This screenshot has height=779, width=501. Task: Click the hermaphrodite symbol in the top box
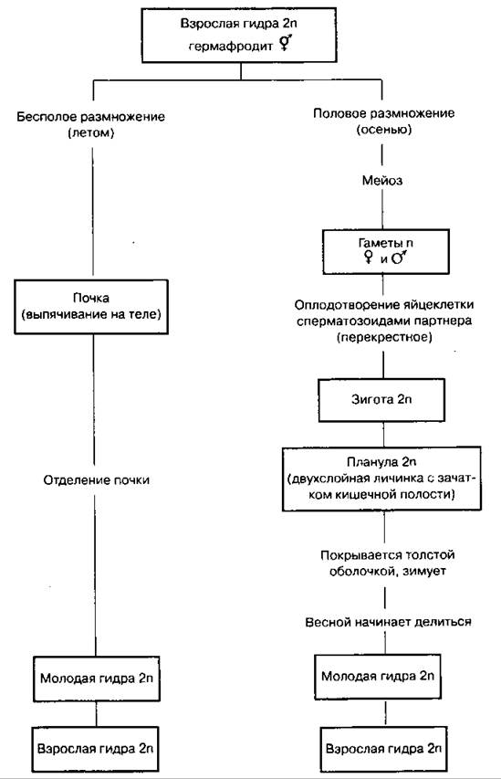click(x=285, y=44)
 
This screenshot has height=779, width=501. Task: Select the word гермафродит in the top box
click(x=231, y=47)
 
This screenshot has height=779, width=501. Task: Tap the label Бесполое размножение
click(x=91, y=117)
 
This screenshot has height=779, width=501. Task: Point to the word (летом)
click(x=91, y=133)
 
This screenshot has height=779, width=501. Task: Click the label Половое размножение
click(x=383, y=113)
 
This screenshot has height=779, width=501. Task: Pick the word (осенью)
click(x=384, y=129)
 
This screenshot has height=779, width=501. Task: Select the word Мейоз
click(x=381, y=180)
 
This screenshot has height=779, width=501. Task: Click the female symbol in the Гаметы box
click(x=369, y=257)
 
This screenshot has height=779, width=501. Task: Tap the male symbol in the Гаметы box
click(x=399, y=257)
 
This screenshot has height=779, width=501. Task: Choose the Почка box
click(x=91, y=307)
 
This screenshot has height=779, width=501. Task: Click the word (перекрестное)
click(x=384, y=337)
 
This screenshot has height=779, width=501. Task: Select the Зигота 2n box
click(x=381, y=400)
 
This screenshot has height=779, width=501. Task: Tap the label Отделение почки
click(x=97, y=480)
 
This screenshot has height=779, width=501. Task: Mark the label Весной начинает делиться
click(x=388, y=622)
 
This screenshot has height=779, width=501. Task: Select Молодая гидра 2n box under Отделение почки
click(x=97, y=679)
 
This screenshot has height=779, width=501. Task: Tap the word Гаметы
click(x=379, y=243)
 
